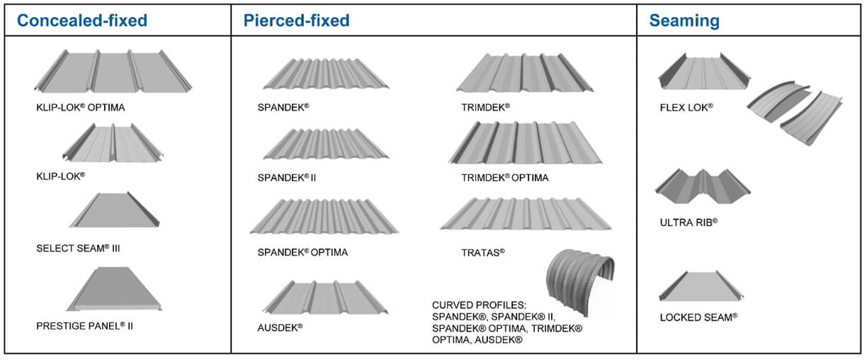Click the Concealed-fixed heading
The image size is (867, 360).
pyautogui.click(x=82, y=20)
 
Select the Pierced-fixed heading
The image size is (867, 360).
pyautogui.click(x=296, y=20)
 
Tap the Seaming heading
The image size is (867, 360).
pyautogui.click(x=684, y=21)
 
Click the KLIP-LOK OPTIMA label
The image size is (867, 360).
pyautogui.click(x=85, y=108)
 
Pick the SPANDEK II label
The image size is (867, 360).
pyautogui.click(x=287, y=177)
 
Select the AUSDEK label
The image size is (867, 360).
pyautogui.click(x=280, y=327)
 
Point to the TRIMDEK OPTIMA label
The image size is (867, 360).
pyautogui.click(x=504, y=177)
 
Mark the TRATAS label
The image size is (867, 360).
pyautogui.click(x=483, y=252)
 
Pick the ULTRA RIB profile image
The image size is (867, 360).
pyautogui.click(x=701, y=182)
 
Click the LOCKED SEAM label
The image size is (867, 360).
pyautogui.click(x=698, y=316)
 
